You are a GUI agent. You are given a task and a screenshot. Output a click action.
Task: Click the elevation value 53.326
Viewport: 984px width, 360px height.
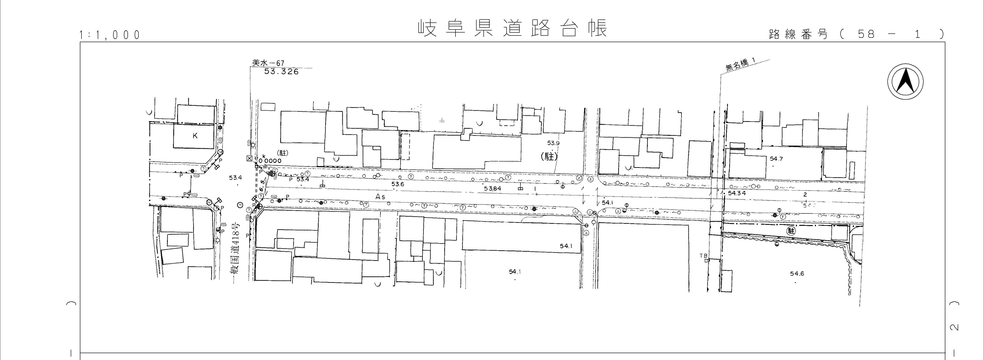[x=282, y=71]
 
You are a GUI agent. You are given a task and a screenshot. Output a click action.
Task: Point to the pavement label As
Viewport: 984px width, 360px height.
[x=380, y=197]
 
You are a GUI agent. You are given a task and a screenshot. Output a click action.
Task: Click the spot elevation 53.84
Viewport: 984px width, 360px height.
[x=492, y=189]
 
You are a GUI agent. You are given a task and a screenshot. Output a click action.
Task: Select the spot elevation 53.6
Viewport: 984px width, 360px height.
[x=398, y=184]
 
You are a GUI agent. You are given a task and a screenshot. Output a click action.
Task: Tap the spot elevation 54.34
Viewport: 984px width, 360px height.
[x=737, y=193]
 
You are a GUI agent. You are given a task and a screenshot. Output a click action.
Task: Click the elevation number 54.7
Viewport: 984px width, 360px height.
[x=776, y=159]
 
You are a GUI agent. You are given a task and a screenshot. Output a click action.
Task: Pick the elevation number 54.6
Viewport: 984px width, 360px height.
[x=797, y=274]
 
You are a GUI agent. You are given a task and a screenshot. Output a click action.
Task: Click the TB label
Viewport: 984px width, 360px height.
[x=704, y=255]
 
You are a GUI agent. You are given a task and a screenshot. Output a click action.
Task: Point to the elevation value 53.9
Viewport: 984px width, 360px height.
[x=553, y=143]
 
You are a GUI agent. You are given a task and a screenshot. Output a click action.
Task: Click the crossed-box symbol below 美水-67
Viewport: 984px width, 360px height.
[x=249, y=158]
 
